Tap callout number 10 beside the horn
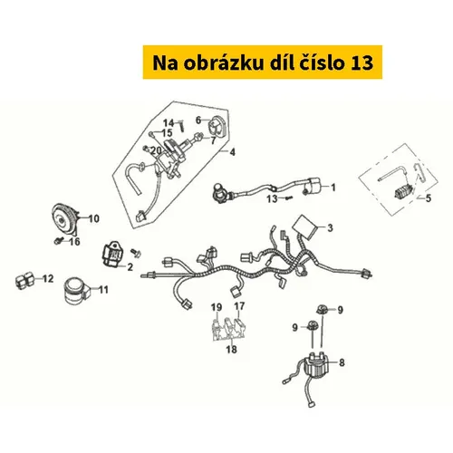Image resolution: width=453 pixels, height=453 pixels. coord(93,218)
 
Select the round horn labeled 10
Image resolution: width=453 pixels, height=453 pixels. coord(64,219)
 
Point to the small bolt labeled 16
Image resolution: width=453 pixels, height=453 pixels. coord(59,241)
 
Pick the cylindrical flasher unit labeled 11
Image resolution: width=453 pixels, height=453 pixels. coord(77,290)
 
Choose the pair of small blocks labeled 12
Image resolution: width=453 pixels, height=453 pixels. coord(24,281)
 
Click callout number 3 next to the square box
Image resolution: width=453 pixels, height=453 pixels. coord(330,227)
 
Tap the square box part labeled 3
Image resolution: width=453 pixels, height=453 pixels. coord(305,227)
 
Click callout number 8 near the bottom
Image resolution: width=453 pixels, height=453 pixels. coord(342,362)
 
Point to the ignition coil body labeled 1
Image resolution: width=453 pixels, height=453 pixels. coord(313,186)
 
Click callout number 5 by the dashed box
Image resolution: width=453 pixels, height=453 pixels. coord(429,198)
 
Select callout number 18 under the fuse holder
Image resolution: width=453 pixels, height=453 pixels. coord(231,350)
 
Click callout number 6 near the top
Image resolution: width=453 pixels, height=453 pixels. coord(198,120)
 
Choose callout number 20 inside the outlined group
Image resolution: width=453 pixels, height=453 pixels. coord(156,150)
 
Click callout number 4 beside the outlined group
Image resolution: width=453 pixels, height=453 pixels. coord(232,152)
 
